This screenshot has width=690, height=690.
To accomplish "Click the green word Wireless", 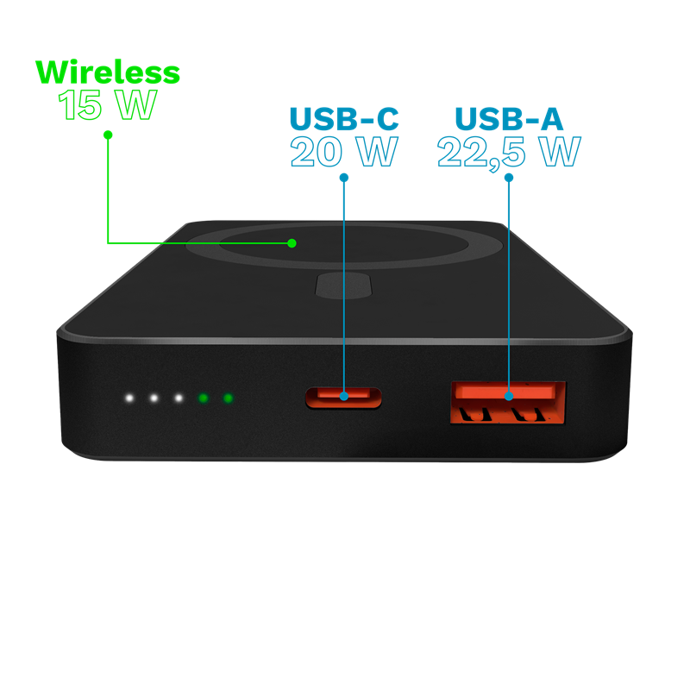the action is click(108, 72).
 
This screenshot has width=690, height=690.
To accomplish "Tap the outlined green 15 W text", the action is click(107, 104).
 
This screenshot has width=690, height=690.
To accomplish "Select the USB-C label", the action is click(344, 118).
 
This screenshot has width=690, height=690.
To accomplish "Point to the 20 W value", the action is click(344, 152).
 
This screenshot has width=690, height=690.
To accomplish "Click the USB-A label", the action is click(509, 118).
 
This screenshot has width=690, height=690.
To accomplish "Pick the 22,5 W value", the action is click(509, 153).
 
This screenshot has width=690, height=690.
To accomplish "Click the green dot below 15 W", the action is click(108, 135).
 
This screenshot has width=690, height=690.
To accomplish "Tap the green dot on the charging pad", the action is click(292, 243).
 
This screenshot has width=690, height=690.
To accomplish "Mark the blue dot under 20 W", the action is click(344, 178).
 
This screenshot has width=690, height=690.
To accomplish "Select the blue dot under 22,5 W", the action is click(509, 178).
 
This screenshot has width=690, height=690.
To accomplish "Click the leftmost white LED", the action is click(129, 398).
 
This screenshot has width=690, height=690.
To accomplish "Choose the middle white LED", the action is click(154, 398).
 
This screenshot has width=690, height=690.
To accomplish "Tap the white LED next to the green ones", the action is click(179, 398).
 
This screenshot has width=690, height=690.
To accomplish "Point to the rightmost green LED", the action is click(228, 398).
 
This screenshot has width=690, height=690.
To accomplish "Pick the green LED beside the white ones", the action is click(203, 398).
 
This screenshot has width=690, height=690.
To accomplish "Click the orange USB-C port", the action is click(343, 398).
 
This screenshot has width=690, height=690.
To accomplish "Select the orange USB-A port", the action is click(508, 403).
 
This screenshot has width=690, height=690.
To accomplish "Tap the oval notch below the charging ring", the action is click(344, 285).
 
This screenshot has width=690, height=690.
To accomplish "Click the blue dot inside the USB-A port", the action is click(509, 396).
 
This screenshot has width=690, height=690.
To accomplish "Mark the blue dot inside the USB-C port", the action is click(344, 396).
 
